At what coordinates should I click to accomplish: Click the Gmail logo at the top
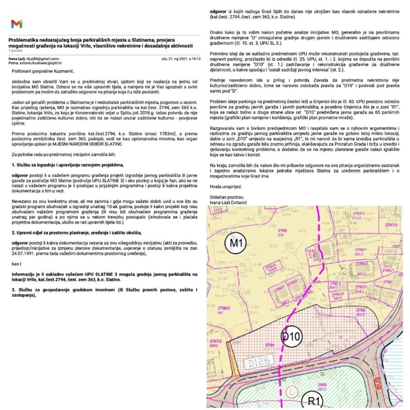(x=17, y=24)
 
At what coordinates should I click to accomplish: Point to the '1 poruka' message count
(x=15, y=51)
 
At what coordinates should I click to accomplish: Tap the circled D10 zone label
(x=291, y=337)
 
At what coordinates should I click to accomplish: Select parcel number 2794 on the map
(x=269, y=344)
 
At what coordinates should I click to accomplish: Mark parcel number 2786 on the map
(x=282, y=231)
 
